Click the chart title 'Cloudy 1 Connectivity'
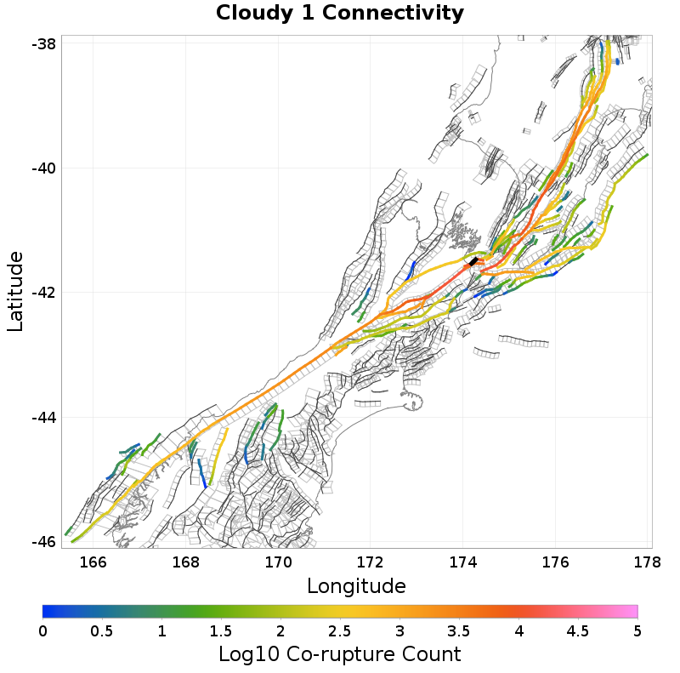pyautogui.click(x=340, y=14)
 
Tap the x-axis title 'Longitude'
pyautogui.click(x=356, y=586)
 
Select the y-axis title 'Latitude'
pyautogui.click(x=15, y=291)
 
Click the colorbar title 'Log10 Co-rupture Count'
pyautogui.click(x=339, y=654)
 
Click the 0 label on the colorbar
pyautogui.click(x=42, y=631)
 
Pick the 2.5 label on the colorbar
pyautogui.click(x=340, y=631)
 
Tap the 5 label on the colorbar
pyautogui.click(x=637, y=631)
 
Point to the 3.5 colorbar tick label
pyautogui.click(x=459, y=631)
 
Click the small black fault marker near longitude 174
pyautogui.click(x=473, y=261)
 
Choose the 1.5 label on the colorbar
pyautogui.click(x=221, y=631)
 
